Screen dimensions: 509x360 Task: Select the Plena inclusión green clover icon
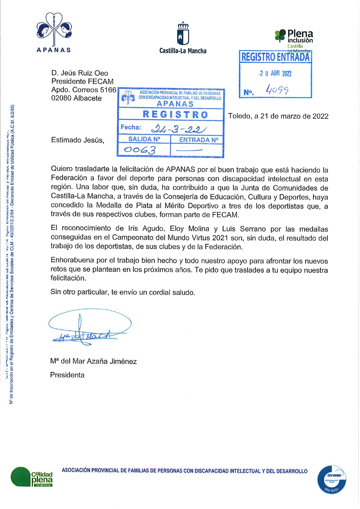[280, 36]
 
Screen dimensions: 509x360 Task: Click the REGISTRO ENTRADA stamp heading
[275, 57]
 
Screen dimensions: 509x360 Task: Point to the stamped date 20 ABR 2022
[275, 73]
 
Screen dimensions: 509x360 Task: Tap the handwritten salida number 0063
[140, 150]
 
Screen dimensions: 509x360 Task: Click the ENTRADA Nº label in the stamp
[198, 140]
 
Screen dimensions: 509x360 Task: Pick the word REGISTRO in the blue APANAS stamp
[175, 115]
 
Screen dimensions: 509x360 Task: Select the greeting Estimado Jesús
[77, 140]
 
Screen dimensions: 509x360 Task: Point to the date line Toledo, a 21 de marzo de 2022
[278, 116]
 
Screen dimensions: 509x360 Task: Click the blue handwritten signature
[87, 328]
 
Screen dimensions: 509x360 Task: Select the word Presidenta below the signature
[67, 375]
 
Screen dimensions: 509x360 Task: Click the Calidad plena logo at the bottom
[32, 477]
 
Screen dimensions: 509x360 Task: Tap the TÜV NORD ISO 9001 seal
[332, 480]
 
